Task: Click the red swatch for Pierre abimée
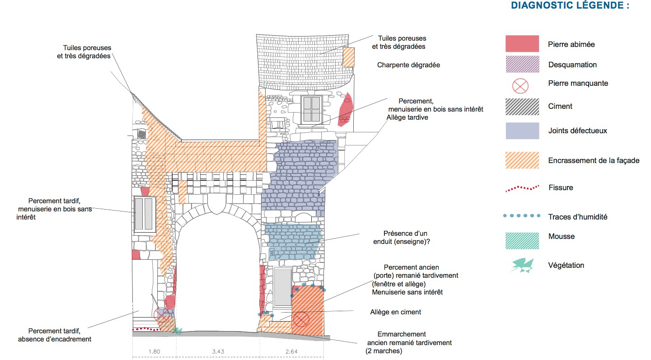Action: pos(522,44)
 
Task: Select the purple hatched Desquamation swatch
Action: pos(522,64)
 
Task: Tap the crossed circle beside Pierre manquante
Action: pos(521,85)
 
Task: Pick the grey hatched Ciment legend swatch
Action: pos(522,107)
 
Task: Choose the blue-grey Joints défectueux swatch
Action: pos(522,131)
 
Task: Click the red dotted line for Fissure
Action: pos(522,188)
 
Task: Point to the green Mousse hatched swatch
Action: pos(522,241)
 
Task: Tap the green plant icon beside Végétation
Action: pos(522,265)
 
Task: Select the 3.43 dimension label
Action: pos(218,351)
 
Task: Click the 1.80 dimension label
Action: pos(155,351)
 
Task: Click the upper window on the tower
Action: pos(312,109)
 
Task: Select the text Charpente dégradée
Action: pos(408,65)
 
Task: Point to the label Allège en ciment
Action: pos(395,312)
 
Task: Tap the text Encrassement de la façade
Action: pos(594,160)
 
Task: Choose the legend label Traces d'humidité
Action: pos(577,217)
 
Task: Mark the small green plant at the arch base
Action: pos(178,331)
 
